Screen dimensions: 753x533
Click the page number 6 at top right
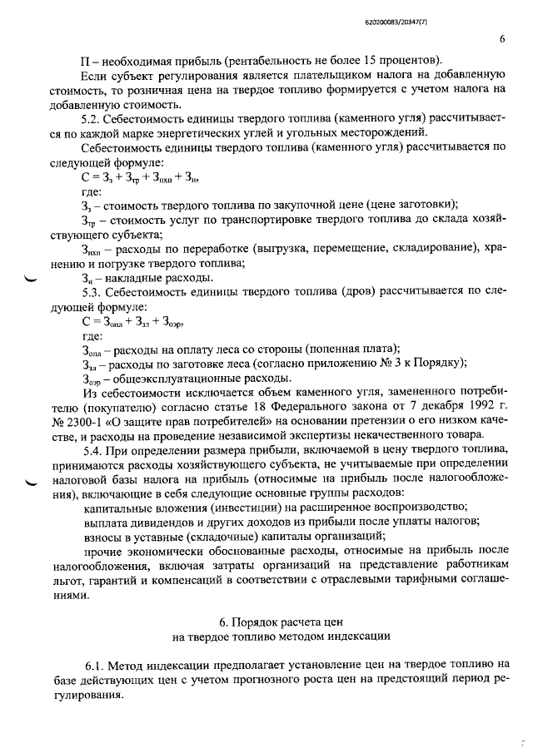[x=502, y=38]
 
